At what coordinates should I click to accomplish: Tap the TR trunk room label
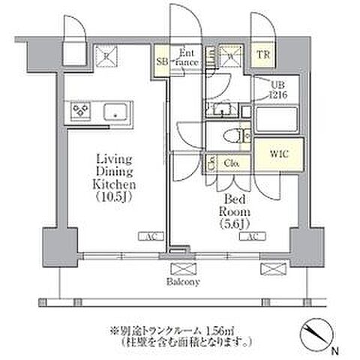tap(263, 55)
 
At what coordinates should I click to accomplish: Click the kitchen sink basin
tap(116, 110)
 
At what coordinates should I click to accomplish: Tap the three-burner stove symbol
tap(80, 110)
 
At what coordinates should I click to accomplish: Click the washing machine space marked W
tap(232, 55)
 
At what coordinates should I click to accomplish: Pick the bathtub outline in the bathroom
tap(277, 120)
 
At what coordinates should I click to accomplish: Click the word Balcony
tap(184, 282)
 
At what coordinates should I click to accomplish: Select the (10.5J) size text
tap(113, 197)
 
